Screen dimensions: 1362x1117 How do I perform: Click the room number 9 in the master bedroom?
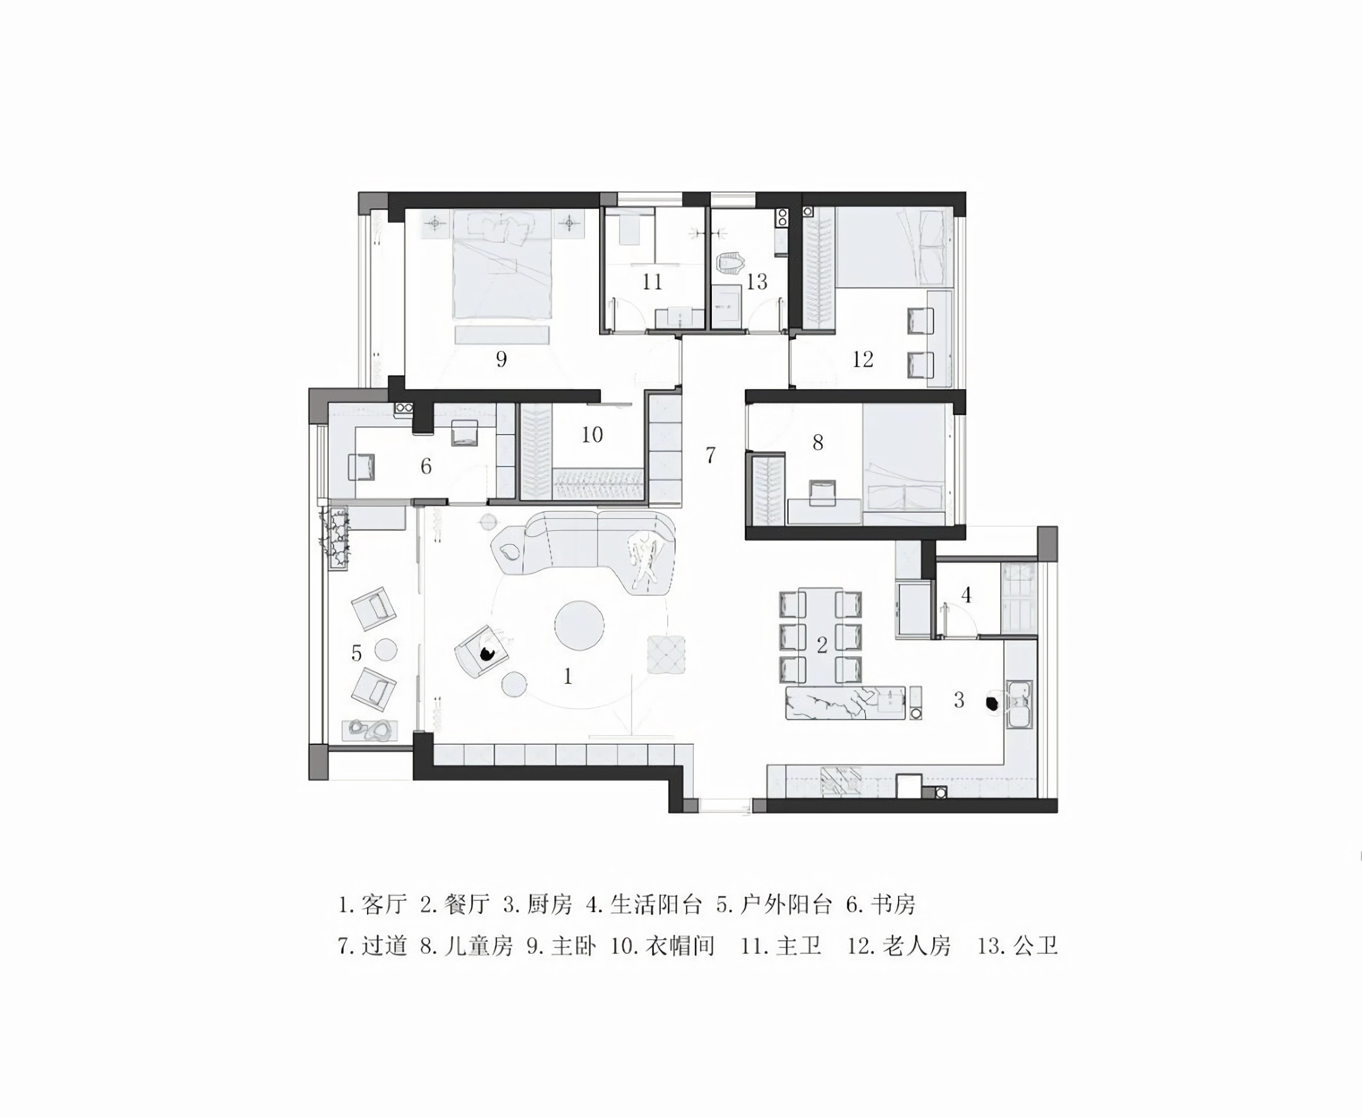click(x=501, y=359)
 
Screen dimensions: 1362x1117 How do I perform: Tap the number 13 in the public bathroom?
click(x=757, y=281)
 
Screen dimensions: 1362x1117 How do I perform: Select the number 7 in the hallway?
click(x=710, y=455)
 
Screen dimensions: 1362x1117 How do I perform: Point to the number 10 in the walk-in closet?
click(x=592, y=434)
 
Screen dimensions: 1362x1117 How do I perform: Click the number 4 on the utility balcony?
click(x=966, y=595)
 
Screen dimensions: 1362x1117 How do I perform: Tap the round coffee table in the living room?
click(x=579, y=625)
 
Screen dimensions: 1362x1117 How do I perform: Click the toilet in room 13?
click(x=731, y=265)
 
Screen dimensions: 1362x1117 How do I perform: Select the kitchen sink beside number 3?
click(x=1019, y=705)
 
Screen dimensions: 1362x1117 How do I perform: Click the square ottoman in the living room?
click(x=666, y=654)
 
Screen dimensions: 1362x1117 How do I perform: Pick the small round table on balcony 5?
click(x=386, y=649)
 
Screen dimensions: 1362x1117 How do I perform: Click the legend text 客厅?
click(x=384, y=905)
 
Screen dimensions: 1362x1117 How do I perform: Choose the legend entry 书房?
click(x=893, y=905)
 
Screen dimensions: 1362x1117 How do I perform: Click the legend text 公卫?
click(x=1035, y=946)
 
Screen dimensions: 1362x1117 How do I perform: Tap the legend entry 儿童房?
click(x=478, y=946)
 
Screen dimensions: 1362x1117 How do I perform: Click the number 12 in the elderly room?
click(x=863, y=359)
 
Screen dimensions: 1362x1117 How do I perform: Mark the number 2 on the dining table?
click(x=822, y=645)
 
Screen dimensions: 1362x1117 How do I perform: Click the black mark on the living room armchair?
click(x=487, y=654)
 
